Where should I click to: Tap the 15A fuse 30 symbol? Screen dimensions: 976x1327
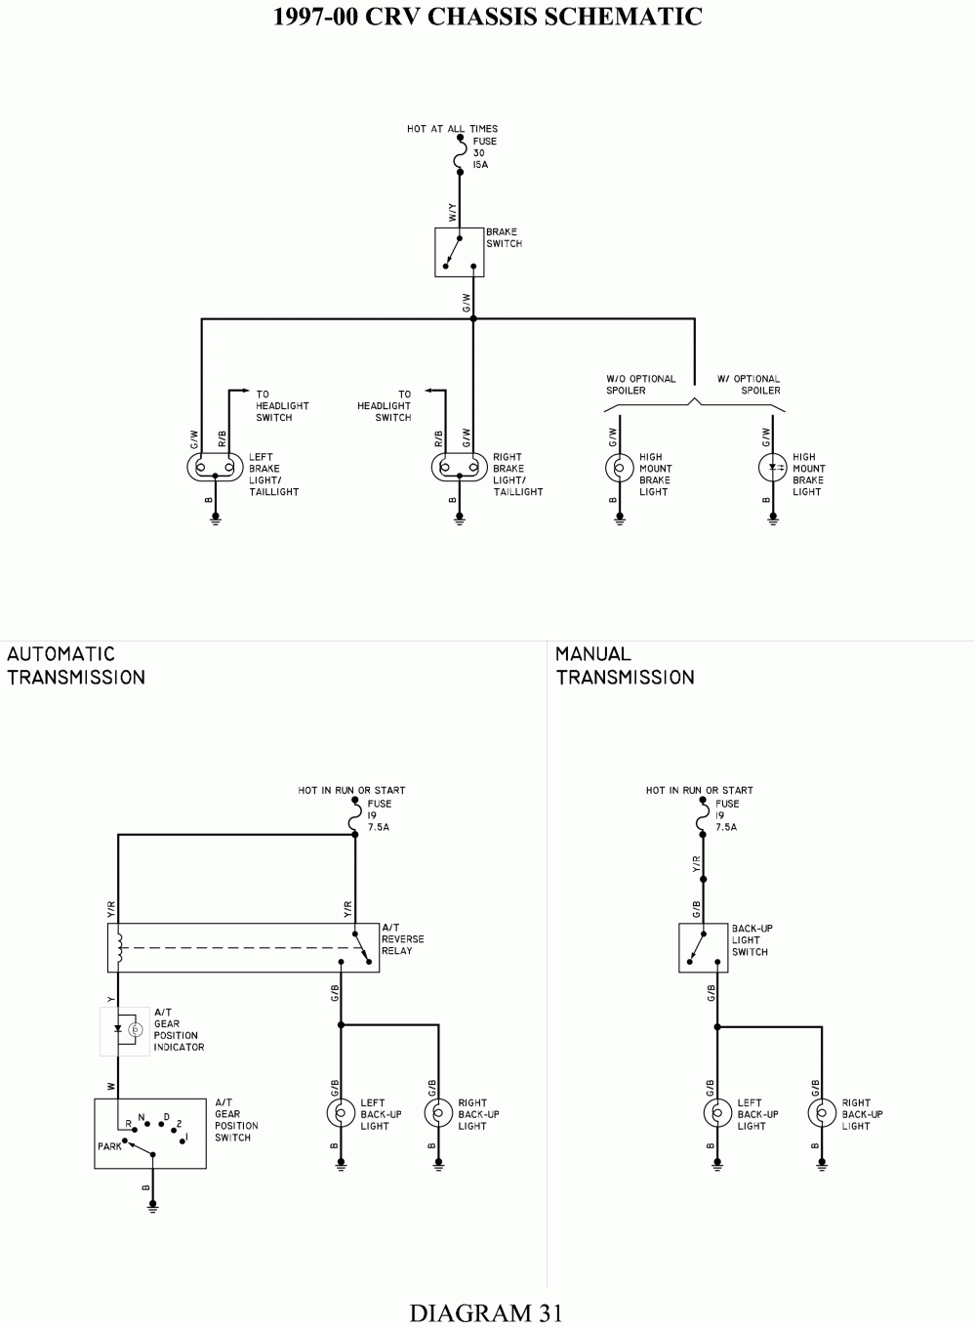460,154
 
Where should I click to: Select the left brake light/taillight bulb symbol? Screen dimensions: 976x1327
215,467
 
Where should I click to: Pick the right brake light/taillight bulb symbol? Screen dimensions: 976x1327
460,467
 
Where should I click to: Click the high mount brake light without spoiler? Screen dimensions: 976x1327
620,468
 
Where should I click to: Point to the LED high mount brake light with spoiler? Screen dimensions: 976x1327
773,468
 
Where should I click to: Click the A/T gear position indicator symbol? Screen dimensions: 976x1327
125,1031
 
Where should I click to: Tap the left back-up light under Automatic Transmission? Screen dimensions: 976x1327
342,1114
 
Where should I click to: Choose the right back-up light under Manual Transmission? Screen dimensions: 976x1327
822,1114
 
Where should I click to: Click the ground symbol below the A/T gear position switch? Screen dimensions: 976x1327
153,1207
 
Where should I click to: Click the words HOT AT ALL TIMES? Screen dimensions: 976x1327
453,129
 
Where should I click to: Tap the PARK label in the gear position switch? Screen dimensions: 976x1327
109,1146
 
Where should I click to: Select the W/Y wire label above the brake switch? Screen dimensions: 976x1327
453,213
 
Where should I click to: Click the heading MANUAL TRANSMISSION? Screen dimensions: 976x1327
625,665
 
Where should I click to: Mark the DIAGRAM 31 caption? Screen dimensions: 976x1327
486,1312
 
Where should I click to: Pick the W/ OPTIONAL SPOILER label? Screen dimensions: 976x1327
749,385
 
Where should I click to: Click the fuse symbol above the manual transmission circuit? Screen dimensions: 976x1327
703,817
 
